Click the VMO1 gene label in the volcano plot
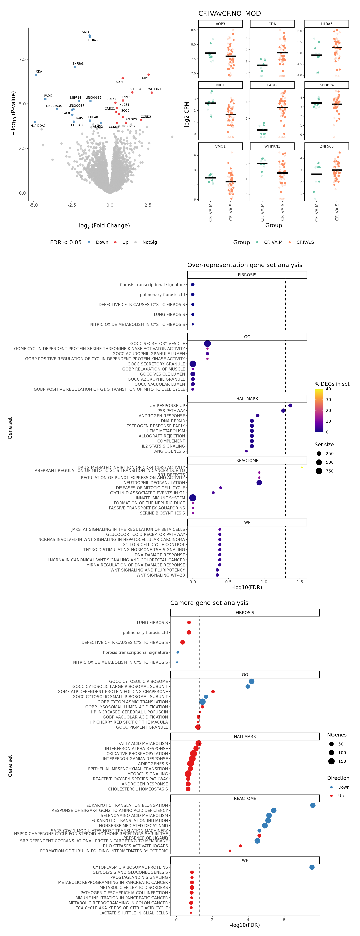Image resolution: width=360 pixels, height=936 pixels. click(86, 32)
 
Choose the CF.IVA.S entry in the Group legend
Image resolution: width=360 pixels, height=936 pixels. click(305, 242)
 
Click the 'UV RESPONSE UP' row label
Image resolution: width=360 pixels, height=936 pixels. click(167, 406)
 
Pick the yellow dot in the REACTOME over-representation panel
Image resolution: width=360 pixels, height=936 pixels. click(301, 467)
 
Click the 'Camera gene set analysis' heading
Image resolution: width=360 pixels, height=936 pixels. click(209, 603)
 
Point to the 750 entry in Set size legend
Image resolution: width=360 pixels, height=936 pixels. click(329, 471)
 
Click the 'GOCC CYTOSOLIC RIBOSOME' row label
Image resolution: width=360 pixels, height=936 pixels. click(138, 681)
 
